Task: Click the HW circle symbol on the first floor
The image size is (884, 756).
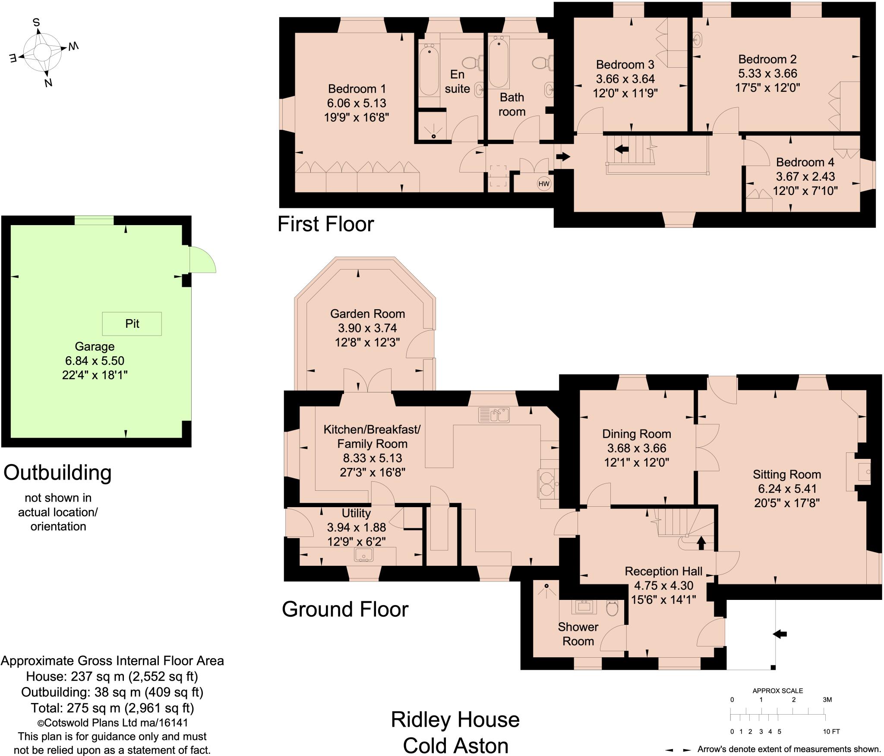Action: pos(544,184)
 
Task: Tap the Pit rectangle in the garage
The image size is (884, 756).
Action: pos(132,324)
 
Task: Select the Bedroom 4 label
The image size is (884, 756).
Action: pos(805,162)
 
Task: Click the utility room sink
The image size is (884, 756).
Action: pos(363,555)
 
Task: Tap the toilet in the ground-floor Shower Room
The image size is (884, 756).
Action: pos(612,609)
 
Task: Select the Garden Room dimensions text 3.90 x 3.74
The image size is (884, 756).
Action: pos(367,328)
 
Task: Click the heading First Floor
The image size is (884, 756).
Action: pos(325,224)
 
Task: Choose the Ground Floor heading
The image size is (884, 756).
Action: pos(345,609)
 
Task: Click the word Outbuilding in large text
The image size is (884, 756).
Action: pos(57,473)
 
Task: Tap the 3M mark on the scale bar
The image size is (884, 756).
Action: pos(827,700)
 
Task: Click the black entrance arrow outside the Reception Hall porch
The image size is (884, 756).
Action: pos(780,634)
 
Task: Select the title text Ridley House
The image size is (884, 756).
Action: pos(455,720)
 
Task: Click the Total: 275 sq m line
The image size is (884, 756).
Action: pos(112,708)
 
